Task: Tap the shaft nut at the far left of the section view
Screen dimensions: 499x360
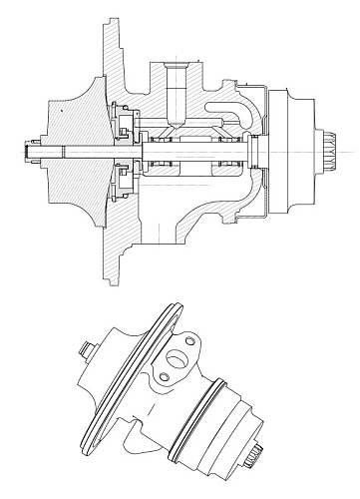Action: coord(23,151)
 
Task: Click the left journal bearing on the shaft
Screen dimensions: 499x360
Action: coord(163,151)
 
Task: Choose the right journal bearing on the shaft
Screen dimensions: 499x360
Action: coord(227,151)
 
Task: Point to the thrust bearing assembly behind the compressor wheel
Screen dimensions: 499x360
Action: coord(125,150)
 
